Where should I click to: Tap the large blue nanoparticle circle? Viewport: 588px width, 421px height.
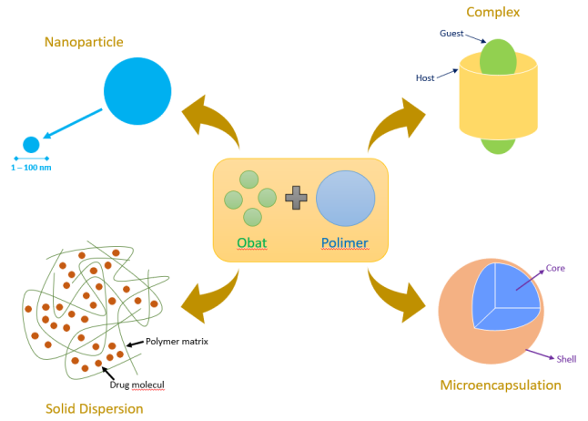tap(137, 91)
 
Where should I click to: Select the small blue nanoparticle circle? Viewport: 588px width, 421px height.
tap(31, 144)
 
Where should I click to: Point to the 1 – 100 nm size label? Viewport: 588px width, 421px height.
tap(31, 168)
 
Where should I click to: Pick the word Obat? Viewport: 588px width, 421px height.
tap(252, 243)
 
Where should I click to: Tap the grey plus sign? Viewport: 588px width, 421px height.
tap(296, 197)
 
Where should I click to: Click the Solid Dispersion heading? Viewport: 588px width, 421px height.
tap(95, 408)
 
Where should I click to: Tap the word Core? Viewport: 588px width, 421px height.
tap(555, 269)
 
